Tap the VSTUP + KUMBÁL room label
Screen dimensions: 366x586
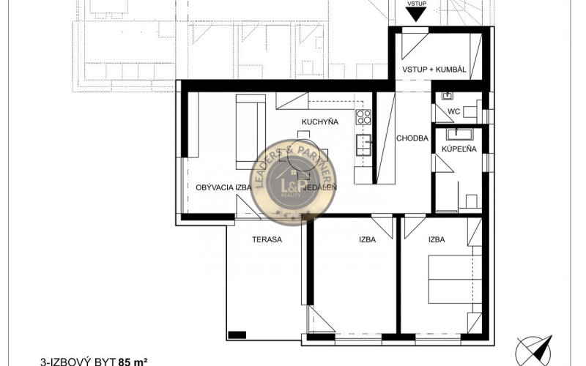click(434, 69)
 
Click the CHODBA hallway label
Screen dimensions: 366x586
click(411, 138)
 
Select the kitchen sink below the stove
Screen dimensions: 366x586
click(361, 144)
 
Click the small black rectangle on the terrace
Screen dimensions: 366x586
click(237, 335)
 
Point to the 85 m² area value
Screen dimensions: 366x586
click(133, 361)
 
